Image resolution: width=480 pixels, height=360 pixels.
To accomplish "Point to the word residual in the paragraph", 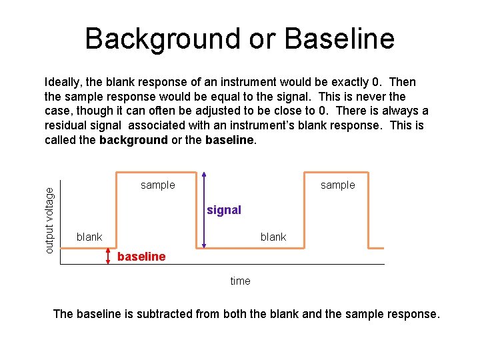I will [x=67, y=125].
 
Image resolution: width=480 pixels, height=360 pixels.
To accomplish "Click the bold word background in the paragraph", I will [x=133, y=140].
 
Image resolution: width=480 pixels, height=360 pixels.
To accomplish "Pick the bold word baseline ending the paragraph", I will [x=230, y=140].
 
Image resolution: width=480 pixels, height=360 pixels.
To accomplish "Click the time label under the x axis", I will [x=240, y=281].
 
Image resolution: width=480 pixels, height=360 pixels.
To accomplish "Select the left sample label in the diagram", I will [x=158, y=185].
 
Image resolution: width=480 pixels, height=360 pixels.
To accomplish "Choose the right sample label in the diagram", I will [x=338, y=185].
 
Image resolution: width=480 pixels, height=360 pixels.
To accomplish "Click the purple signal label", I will [x=224, y=210].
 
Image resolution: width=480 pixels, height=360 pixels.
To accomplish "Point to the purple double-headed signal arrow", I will [x=204, y=210].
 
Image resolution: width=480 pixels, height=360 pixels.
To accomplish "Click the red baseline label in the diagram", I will [x=141, y=257].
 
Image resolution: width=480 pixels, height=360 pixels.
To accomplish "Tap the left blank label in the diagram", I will [x=89, y=237].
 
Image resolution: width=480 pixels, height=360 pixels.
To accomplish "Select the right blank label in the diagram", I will [x=273, y=237].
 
